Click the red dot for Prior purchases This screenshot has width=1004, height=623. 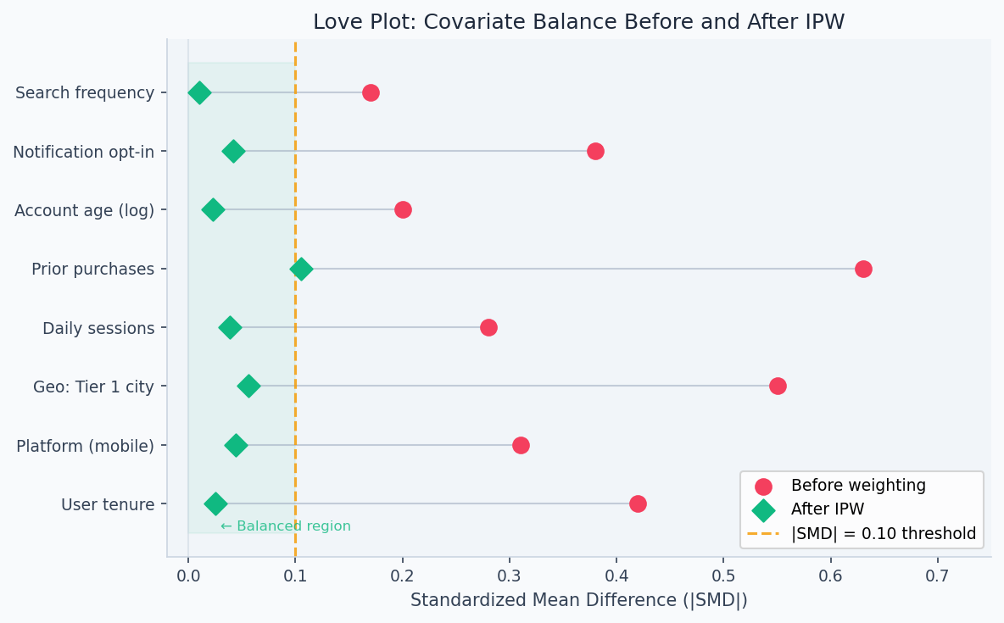tap(863, 269)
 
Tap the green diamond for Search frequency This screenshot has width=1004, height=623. tap(199, 92)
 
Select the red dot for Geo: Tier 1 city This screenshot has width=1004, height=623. tap(778, 386)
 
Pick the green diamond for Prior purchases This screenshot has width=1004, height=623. tap(301, 269)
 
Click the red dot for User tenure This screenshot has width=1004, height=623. tap(638, 503)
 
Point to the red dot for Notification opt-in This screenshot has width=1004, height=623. tap(595, 151)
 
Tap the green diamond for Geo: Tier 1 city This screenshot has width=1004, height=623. tap(248, 386)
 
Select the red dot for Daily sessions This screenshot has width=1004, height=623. tap(488, 327)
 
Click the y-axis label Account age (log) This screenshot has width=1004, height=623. tap(84, 210)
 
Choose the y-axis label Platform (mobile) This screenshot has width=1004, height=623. tap(85, 445)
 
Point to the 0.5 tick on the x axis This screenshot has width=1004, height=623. tap(723, 557)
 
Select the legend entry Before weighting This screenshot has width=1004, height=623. tap(858, 486)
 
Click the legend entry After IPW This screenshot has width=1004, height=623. tap(828, 509)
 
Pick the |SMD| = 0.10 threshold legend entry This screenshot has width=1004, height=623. tap(884, 534)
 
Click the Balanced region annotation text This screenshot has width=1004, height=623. tap(286, 526)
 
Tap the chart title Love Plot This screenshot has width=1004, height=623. tap(578, 22)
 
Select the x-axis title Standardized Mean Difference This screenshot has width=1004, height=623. tap(578, 600)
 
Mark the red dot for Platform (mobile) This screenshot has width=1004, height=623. tap(521, 445)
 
